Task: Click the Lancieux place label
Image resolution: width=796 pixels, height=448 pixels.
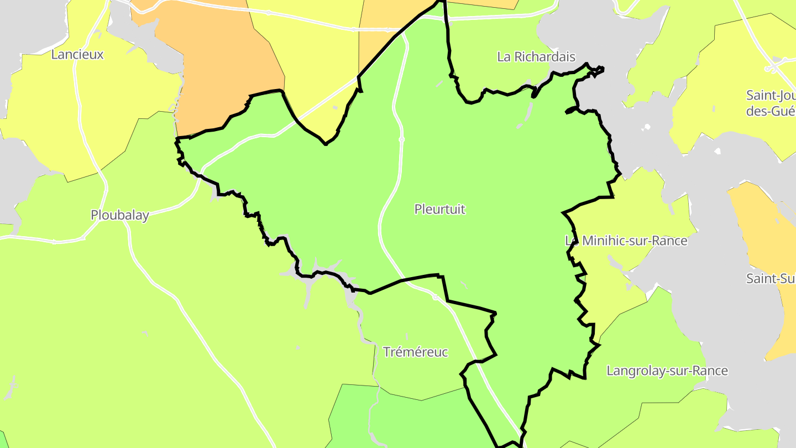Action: (77, 54)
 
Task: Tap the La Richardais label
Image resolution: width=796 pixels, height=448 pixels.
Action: (536, 56)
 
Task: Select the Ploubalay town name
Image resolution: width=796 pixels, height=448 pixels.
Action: (120, 215)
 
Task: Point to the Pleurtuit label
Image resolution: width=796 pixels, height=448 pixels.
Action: (440, 209)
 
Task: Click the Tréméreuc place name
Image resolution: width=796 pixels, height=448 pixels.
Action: (415, 352)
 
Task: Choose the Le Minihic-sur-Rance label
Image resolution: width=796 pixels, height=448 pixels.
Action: (626, 241)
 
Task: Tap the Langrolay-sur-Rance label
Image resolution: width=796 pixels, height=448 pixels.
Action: (667, 371)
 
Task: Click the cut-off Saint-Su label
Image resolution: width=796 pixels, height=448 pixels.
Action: (771, 278)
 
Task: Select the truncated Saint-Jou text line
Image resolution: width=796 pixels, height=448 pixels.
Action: (771, 95)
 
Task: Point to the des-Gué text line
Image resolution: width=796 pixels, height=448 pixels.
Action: (771, 111)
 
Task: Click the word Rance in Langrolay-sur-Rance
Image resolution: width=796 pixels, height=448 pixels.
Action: (713, 371)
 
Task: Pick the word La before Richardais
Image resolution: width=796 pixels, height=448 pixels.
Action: (504, 56)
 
